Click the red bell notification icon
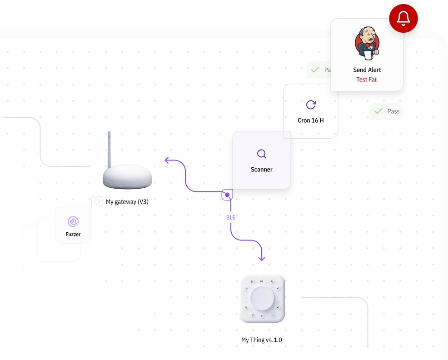pos(403,18)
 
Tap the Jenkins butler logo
pos(367,44)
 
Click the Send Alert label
pos(367,70)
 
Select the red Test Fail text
pos(367,80)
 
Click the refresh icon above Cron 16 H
pos(311,105)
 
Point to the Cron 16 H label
pos(311,120)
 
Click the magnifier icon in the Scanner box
pos(262,154)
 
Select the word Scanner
pos(262,170)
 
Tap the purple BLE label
pos(231,218)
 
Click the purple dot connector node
pos(227,195)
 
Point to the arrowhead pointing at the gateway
pos(167,160)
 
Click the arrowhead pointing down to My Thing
pos(262,258)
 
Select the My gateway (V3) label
pos(127,202)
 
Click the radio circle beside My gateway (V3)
pos(97,201)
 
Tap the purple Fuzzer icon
pos(73,221)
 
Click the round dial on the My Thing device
pos(262,298)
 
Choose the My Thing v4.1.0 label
pos(262,340)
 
